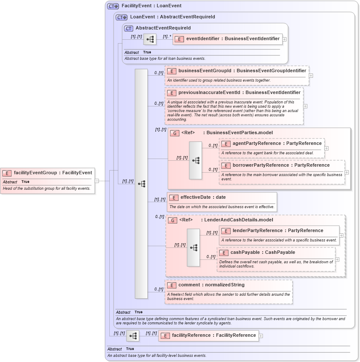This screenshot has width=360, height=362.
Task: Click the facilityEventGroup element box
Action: pyautogui.click(x=48, y=173)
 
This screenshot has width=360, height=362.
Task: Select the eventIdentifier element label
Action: pyautogui.click(x=232, y=39)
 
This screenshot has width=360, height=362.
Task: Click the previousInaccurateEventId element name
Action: pyautogui.click(x=239, y=92)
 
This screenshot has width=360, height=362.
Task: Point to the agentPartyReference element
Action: pyautogui.click(x=277, y=144)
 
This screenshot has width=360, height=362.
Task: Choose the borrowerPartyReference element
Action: pyautogui.click(x=281, y=165)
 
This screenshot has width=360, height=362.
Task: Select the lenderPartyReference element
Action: pyautogui.click(x=278, y=231)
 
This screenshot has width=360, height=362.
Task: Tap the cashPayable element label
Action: pyautogui.click(x=263, y=253)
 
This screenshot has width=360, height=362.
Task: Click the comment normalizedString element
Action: pyautogui.click(x=211, y=285)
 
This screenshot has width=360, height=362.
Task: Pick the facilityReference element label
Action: pyautogui.click(x=214, y=336)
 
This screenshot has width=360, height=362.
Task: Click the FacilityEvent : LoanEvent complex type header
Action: pyautogui.click(x=151, y=6)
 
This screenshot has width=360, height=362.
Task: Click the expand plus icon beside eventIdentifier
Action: pyautogui.click(x=284, y=39)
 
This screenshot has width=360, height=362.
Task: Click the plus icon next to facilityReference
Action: pyautogui.click(x=261, y=336)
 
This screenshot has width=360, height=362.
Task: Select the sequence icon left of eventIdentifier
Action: pyautogui.click(x=149, y=39)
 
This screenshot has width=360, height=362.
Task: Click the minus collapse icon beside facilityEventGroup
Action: pyautogui.click(x=97, y=180)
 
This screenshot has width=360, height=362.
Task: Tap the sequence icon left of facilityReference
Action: pyautogui.click(x=132, y=336)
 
